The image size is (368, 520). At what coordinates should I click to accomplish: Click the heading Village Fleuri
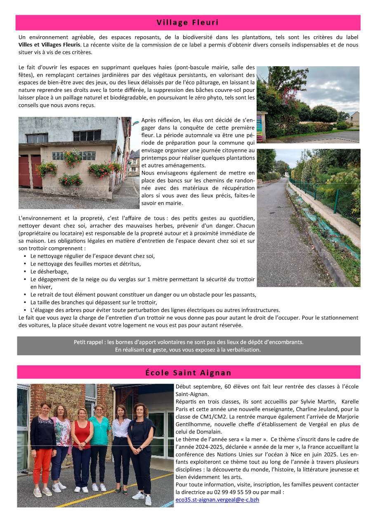click(188, 23)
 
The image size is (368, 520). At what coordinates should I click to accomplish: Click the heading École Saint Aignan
click(188, 373)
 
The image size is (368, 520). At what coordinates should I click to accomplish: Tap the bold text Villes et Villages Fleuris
click(50, 44)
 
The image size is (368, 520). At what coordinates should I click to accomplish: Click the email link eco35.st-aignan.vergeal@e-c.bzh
click(217, 499)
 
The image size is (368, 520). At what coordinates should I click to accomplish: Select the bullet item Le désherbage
click(49, 271)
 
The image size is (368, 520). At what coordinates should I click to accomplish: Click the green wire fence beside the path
click(326, 198)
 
